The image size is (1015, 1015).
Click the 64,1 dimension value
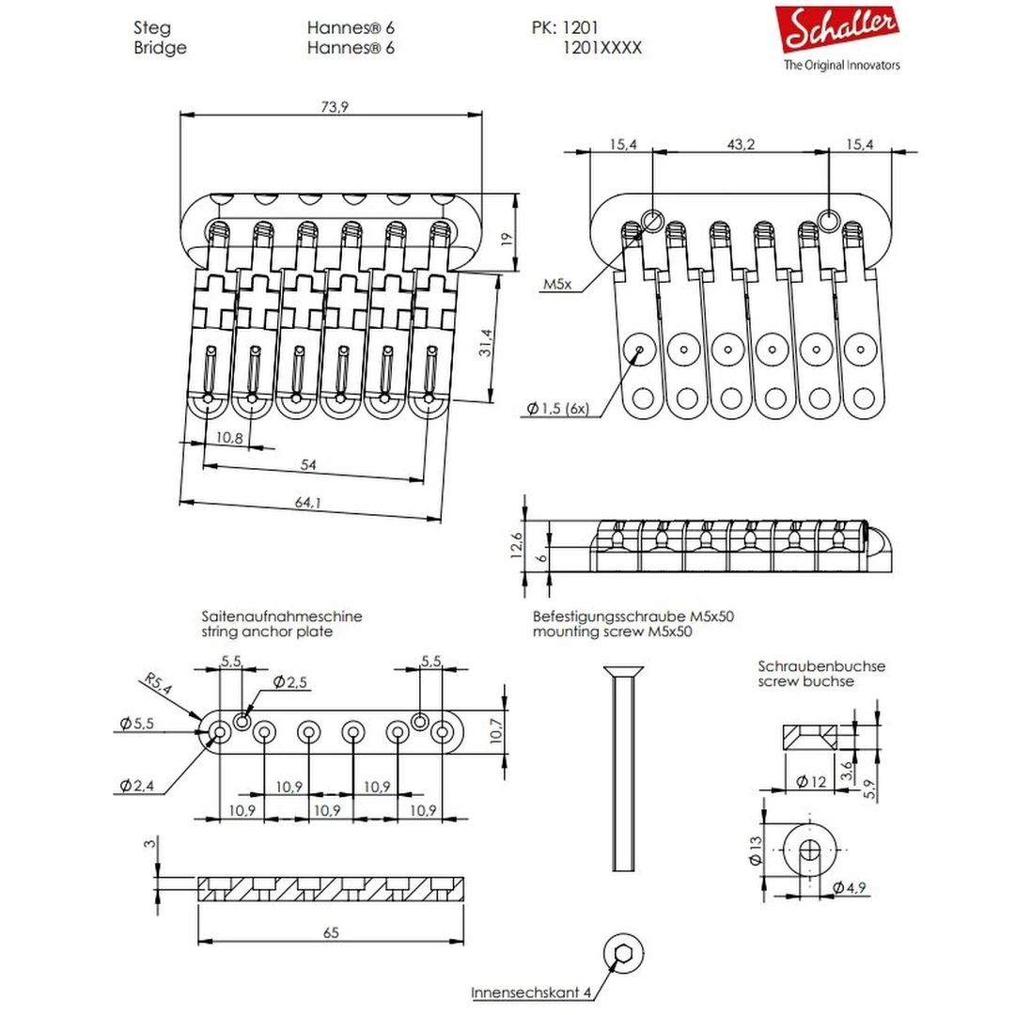coord(307,504)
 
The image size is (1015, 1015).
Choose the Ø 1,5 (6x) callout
coord(557,409)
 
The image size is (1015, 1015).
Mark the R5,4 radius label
coord(159,683)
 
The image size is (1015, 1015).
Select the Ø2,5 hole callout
coord(290,681)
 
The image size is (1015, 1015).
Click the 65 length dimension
coord(330,932)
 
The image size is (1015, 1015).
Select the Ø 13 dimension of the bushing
coord(754,851)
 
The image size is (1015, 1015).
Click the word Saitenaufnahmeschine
coord(281,617)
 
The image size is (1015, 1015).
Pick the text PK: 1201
coord(565,28)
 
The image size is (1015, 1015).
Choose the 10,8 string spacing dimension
coord(229,437)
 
